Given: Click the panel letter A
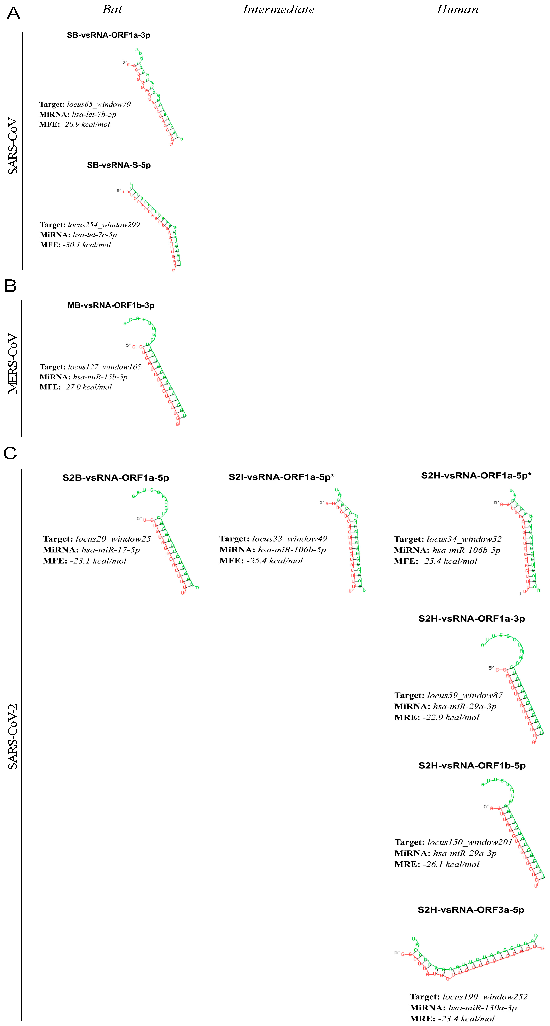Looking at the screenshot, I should coord(14,14).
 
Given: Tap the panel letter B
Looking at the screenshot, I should coord(11,286).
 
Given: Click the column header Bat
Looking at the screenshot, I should coord(112,10).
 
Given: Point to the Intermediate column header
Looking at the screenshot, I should coord(278,10).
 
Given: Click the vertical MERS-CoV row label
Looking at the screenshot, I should coord(13,363).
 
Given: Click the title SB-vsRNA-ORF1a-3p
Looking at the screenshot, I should coord(108,35).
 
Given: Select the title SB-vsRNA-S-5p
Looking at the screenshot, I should coord(119,165).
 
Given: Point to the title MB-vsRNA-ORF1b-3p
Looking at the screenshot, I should coord(111,305).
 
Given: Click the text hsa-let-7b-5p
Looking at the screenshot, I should coord(94,114).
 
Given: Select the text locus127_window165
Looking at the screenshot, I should coord(104,367).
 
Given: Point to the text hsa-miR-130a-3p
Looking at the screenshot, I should coord(482,1008).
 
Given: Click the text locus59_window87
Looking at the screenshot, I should coord(465,696).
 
